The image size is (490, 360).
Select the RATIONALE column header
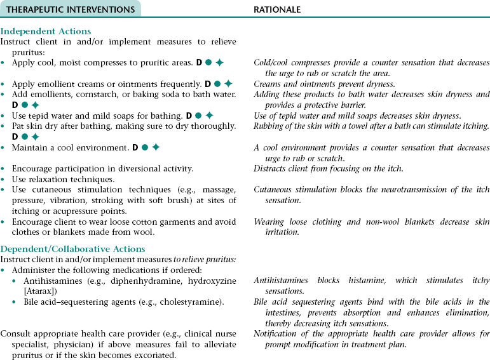pos(277,10)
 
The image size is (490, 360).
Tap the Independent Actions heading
pos(46,31)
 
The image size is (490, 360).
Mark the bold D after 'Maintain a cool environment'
pos(135,147)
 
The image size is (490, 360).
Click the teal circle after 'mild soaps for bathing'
pos(198,116)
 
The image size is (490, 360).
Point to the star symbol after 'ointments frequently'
pos(228,84)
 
